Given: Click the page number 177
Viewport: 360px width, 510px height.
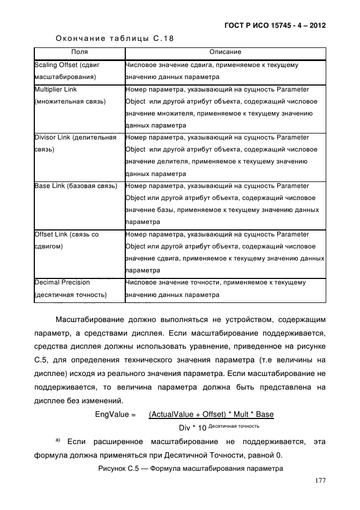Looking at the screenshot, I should point(320,480).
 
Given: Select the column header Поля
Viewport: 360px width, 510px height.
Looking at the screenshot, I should point(79,52).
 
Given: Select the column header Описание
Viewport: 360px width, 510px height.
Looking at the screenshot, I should point(225,52).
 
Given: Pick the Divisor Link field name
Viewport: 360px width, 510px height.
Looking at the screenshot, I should point(75,137).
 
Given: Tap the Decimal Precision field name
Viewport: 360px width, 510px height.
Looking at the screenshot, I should point(62,282).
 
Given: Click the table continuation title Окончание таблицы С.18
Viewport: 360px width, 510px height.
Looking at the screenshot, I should point(115,38).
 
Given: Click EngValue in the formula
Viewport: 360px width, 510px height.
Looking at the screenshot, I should point(115,414).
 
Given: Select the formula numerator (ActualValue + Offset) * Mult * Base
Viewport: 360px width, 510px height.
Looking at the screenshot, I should point(211,414).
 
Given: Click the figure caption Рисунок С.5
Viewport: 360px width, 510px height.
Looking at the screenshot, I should point(190,468).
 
